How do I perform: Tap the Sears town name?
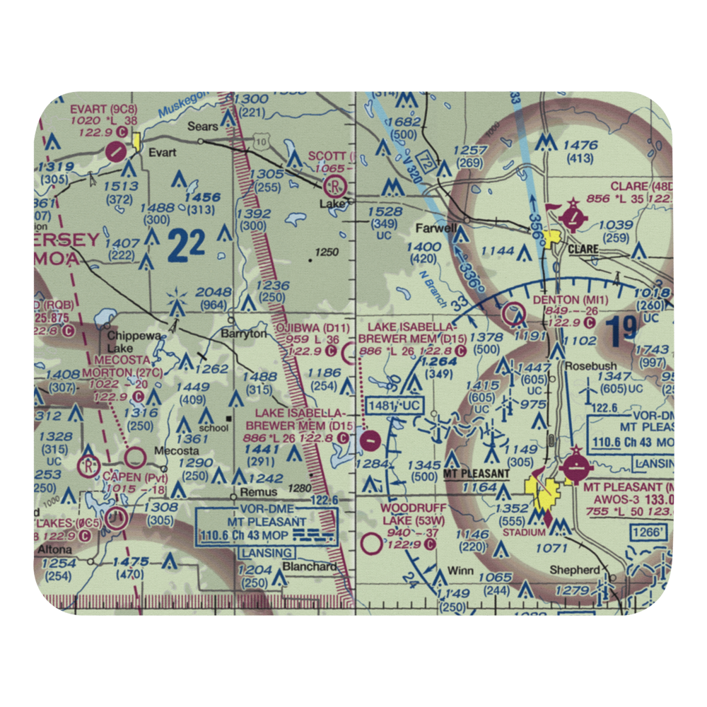click(x=200, y=127)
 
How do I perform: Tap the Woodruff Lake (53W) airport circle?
click(x=370, y=544)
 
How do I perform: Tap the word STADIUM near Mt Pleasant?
click(x=527, y=532)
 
